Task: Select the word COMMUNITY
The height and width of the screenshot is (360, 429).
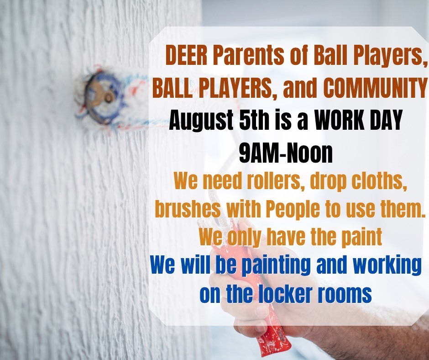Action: pyautogui.click(x=375, y=87)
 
